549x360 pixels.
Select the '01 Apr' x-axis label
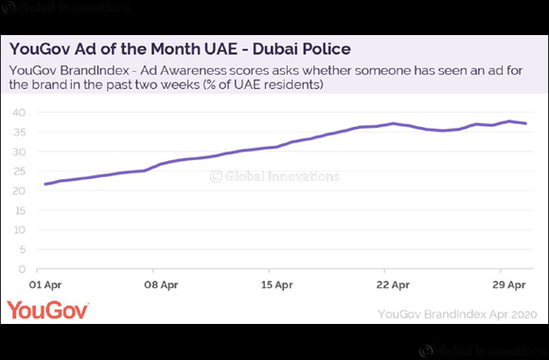click(x=47, y=284)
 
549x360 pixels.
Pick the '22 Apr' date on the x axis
click(x=393, y=284)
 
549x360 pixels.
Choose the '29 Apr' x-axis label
click(x=508, y=284)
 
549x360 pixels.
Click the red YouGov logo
click(x=48, y=311)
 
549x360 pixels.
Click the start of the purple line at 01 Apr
click(x=45, y=184)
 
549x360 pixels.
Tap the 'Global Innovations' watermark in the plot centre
click(x=274, y=175)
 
